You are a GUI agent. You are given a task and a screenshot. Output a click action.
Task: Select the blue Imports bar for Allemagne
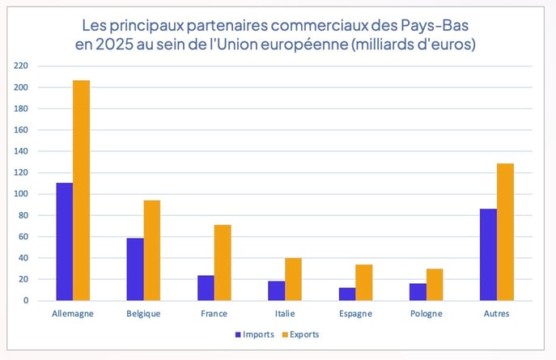pyautogui.click(x=64, y=242)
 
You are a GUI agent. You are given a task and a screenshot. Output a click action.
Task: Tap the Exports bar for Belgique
pyautogui.click(x=152, y=251)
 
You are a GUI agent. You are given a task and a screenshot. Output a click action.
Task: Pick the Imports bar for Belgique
pyautogui.click(x=134, y=269)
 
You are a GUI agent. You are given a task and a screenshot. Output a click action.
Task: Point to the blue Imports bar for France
pyautogui.click(x=206, y=288)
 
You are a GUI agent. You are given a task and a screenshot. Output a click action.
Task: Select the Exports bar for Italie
pyautogui.click(x=293, y=279)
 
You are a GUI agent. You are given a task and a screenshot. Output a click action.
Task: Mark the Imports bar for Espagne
pyautogui.click(x=346, y=294)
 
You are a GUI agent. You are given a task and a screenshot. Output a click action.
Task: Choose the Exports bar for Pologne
pyautogui.click(x=435, y=285)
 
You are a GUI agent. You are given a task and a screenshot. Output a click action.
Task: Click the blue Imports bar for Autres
pyautogui.click(x=488, y=255)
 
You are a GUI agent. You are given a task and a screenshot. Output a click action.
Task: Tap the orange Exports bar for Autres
pyautogui.click(x=505, y=232)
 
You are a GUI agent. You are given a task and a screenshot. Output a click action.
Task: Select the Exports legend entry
pyautogui.click(x=302, y=334)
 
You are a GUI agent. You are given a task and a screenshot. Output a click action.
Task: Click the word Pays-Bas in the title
pyautogui.click(x=435, y=24)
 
